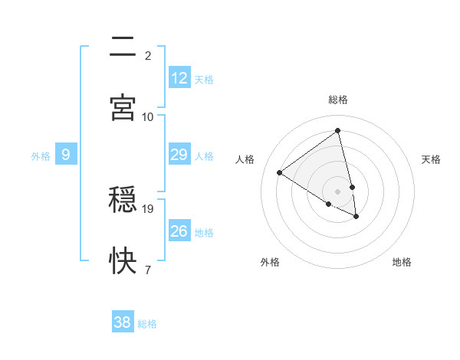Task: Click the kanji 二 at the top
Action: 123,47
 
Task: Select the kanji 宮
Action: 123,107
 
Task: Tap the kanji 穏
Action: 123,201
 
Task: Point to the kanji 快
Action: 123,261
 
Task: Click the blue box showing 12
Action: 179,78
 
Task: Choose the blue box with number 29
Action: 179,155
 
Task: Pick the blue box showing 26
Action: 179,231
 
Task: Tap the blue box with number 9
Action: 66,155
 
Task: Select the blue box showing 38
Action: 123,322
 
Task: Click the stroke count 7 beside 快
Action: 148,270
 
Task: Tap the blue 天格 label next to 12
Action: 204,80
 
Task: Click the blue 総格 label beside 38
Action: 147,324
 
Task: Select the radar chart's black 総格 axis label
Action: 338,100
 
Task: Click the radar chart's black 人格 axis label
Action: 245,159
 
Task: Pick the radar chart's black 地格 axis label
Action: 402,263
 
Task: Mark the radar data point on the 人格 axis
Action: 280,172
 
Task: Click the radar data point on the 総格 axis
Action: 338,131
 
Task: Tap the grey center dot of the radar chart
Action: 338,191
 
